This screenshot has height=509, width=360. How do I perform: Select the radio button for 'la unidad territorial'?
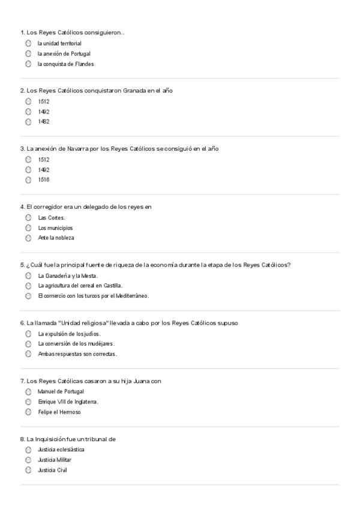(28, 43)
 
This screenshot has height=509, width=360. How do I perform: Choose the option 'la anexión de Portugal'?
(28, 53)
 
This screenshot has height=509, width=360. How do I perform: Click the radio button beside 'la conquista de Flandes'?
(28, 64)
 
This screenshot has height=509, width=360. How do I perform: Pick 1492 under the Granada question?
(28, 112)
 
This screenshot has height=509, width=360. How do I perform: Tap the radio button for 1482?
(28, 122)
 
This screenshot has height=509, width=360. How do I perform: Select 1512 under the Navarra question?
(28, 160)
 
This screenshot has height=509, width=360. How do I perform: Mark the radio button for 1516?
(28, 179)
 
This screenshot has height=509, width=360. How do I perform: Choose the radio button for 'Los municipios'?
(28, 228)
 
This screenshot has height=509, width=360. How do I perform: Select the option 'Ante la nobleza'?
(28, 238)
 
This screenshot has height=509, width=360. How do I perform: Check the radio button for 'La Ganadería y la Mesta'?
(28, 276)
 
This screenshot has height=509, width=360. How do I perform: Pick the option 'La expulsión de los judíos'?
(28, 334)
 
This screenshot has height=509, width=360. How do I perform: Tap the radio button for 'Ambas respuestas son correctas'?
(28, 354)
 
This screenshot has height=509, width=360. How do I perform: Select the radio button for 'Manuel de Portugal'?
(28, 391)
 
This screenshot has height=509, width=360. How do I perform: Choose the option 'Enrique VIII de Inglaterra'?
(28, 402)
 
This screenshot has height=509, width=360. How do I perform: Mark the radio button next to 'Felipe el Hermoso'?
(28, 412)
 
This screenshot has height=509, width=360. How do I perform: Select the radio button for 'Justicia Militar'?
(28, 460)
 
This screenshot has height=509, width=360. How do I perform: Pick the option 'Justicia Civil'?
(28, 470)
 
